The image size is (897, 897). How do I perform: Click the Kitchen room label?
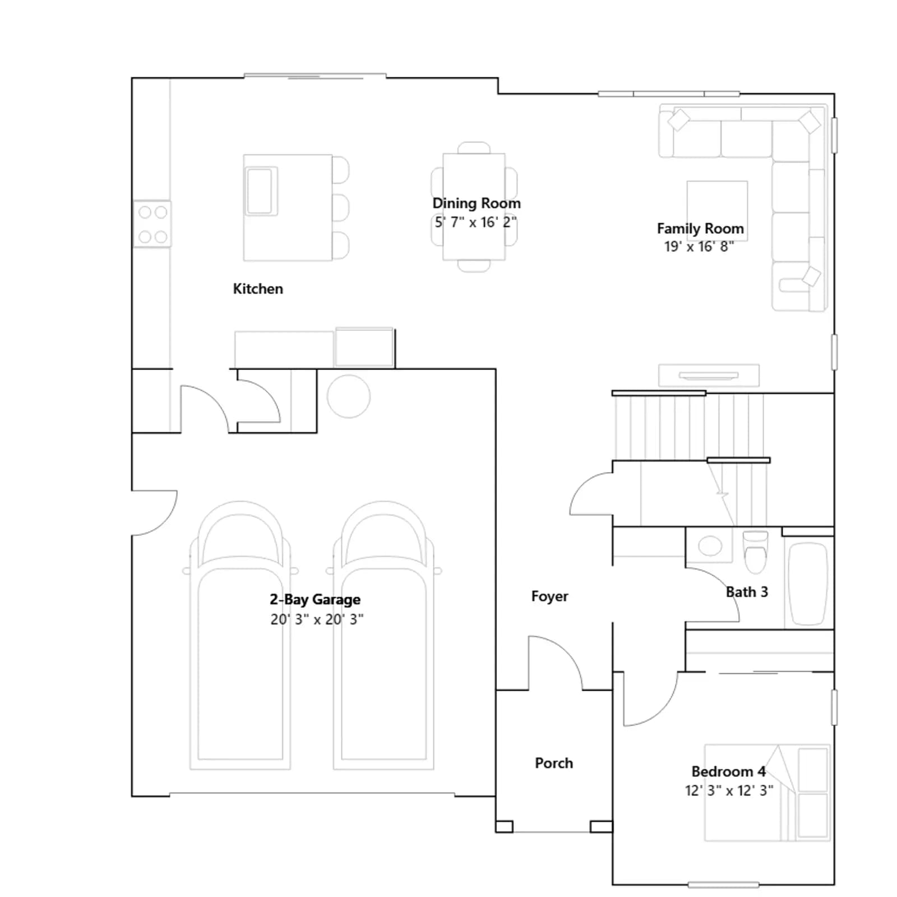point(258,289)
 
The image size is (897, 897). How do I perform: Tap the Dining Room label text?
point(477,203)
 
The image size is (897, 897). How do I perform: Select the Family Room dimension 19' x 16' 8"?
point(699,247)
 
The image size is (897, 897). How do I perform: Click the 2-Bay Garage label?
point(315,599)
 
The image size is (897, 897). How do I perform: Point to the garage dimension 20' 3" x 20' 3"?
point(317,619)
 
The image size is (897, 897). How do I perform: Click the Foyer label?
point(549,596)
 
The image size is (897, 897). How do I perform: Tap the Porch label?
point(554,763)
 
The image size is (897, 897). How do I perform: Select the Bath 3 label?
point(747,592)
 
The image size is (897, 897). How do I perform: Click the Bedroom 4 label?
point(728,771)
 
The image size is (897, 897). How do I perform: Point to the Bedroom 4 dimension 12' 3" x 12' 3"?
point(729,790)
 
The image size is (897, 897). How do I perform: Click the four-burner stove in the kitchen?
point(152,224)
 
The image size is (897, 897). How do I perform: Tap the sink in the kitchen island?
point(261,191)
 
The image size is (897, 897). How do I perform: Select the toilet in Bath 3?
point(755,552)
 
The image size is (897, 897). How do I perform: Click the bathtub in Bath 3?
point(808,584)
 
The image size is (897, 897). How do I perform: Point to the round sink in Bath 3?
point(710,545)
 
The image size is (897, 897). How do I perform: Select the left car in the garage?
point(241,635)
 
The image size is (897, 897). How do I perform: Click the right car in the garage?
point(384,635)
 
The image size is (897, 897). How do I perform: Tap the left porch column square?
point(504,826)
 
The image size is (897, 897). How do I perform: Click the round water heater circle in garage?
point(349,396)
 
